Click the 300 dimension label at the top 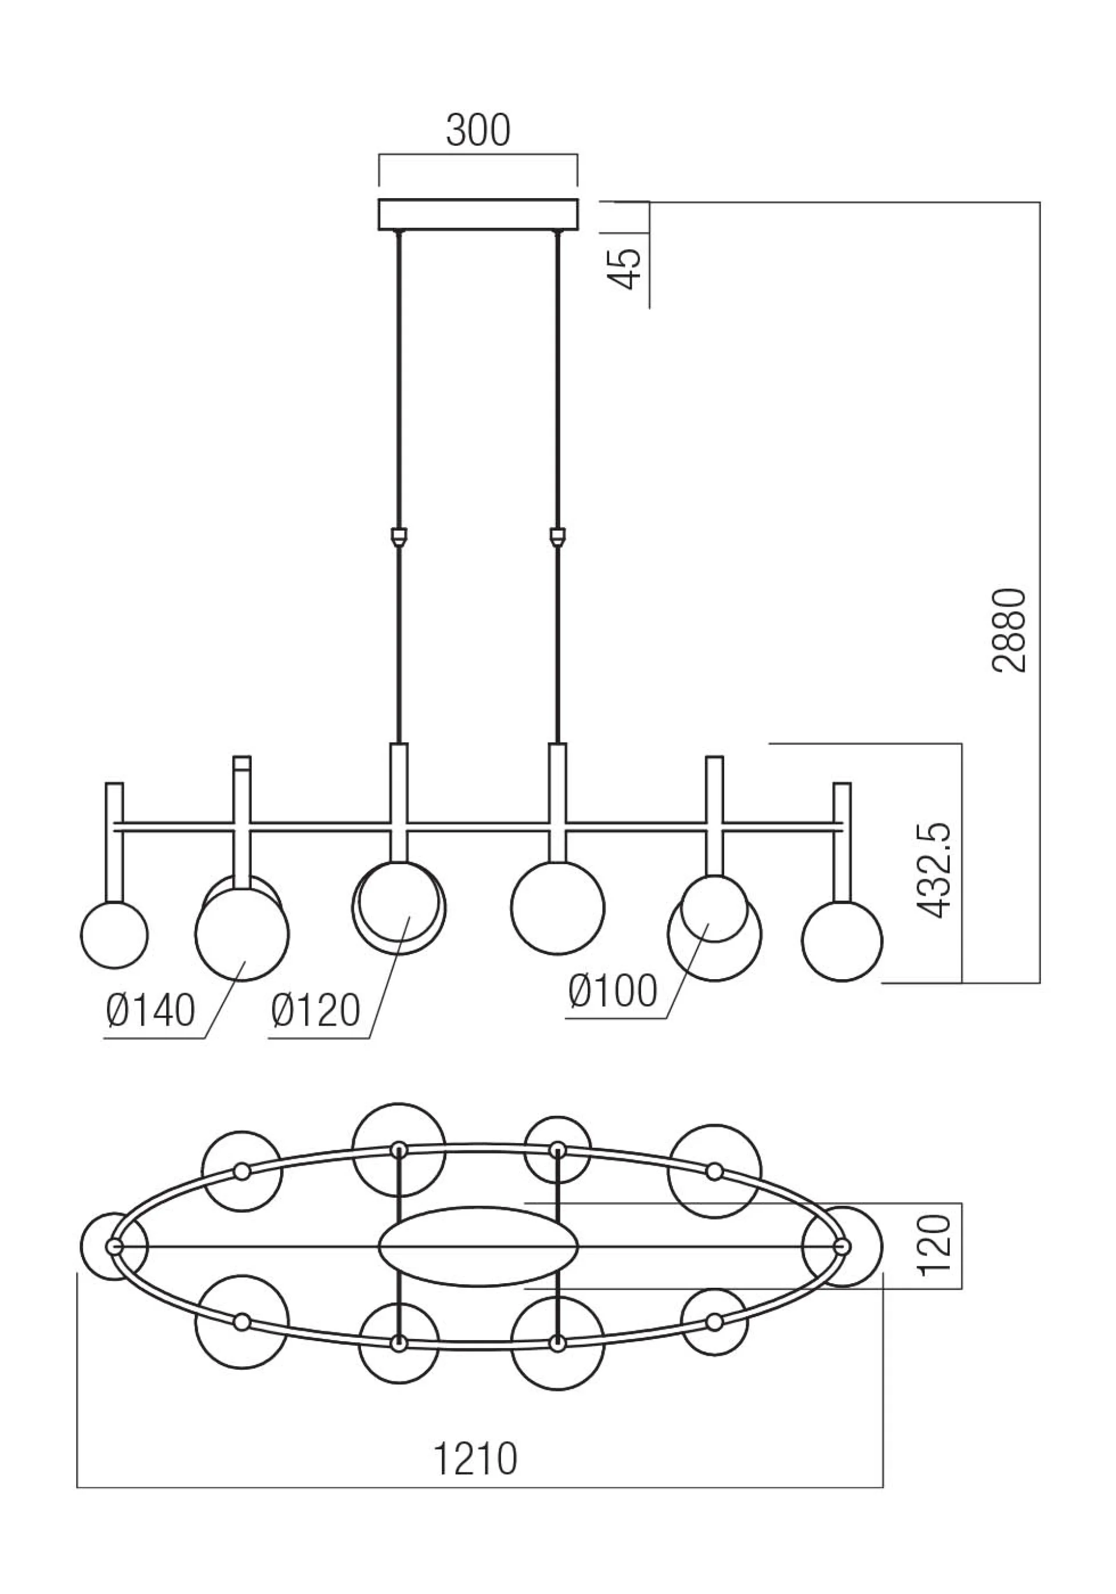pos(478,131)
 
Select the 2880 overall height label pos(1008,631)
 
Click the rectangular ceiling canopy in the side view pos(478,214)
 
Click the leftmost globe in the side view pos(115,934)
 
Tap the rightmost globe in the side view pos(842,941)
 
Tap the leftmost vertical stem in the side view pos(115,841)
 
